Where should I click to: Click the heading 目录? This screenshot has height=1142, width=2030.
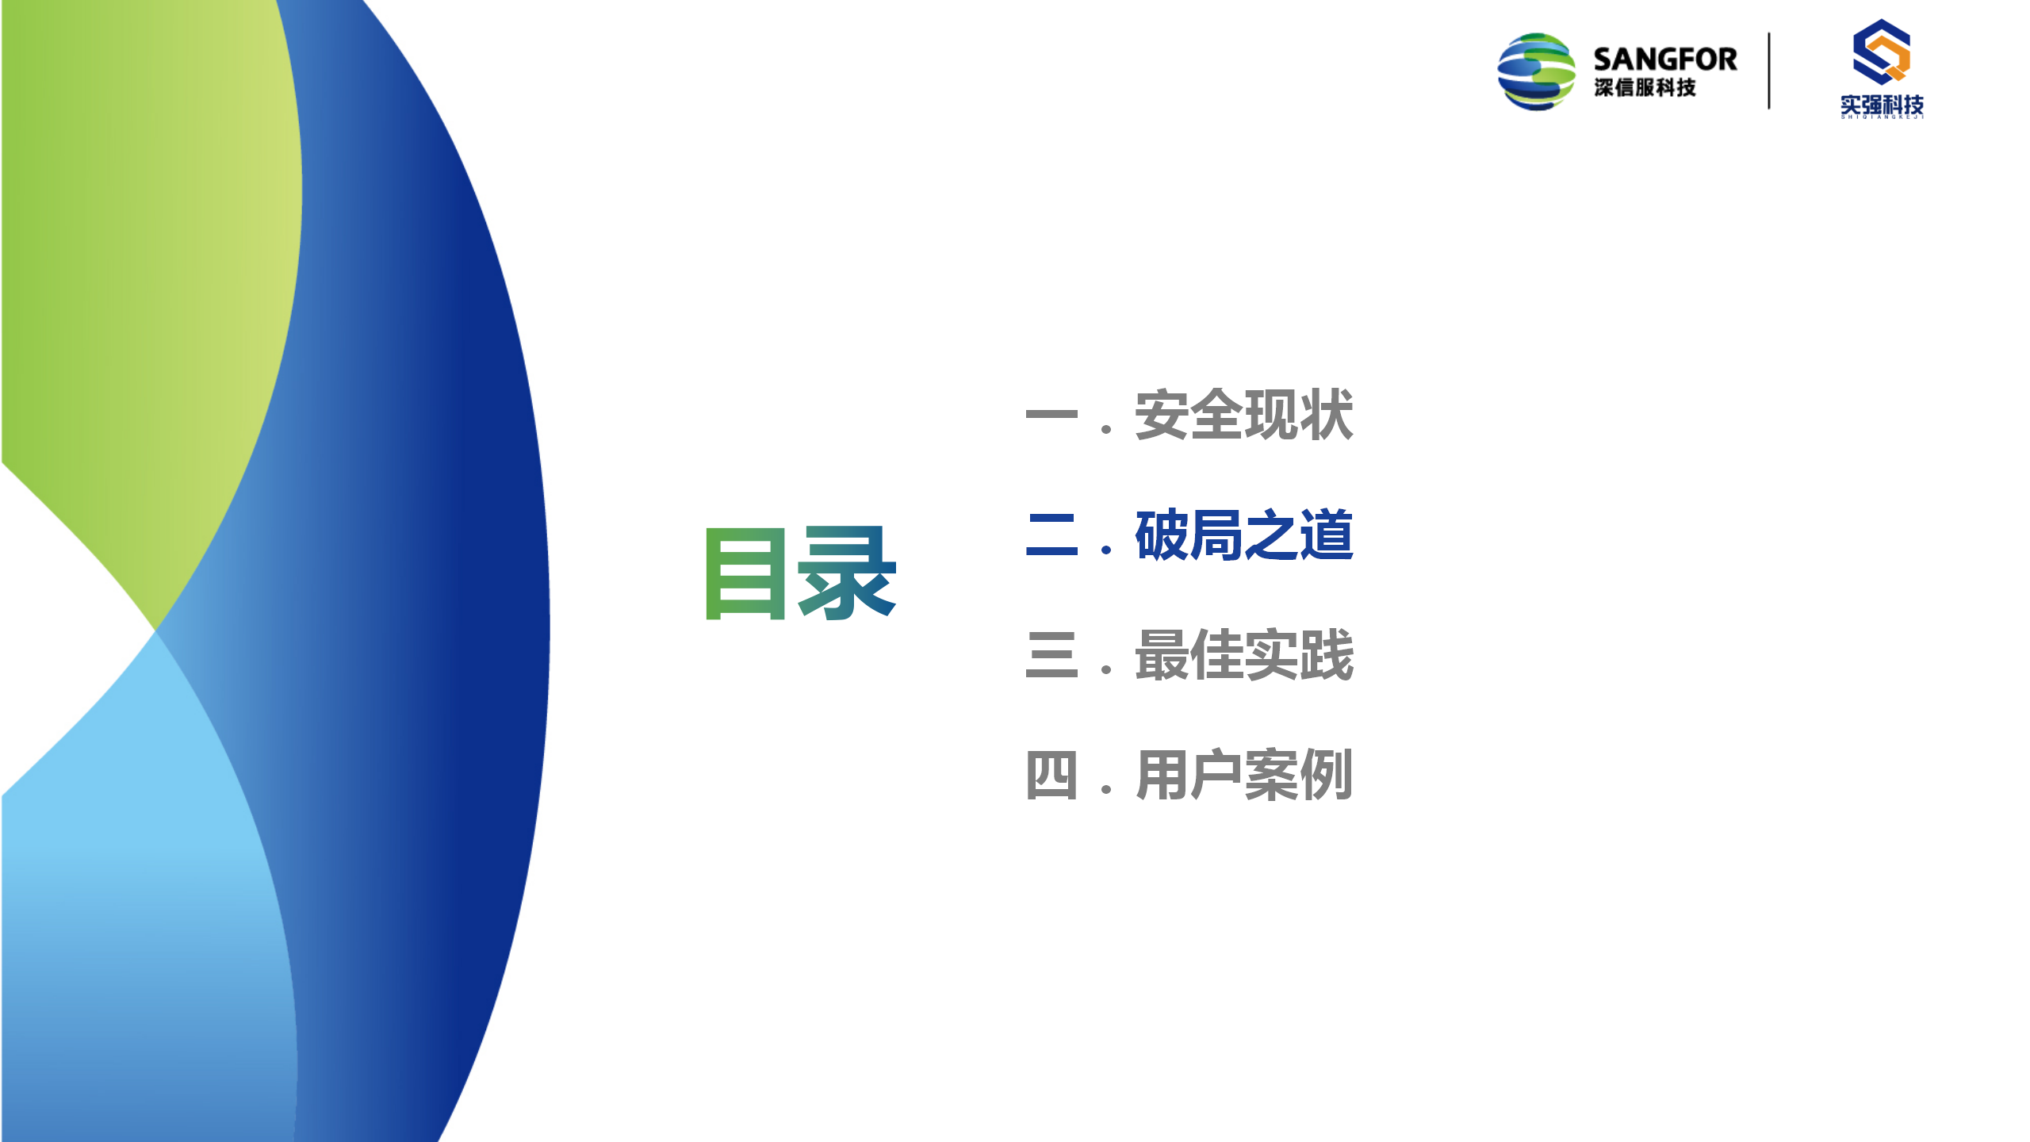click(x=801, y=573)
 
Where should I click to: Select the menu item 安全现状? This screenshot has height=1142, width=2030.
click(x=1244, y=415)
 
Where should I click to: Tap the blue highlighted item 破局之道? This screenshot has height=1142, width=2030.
click(x=1244, y=535)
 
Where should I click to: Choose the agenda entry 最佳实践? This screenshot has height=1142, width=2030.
click(x=1244, y=655)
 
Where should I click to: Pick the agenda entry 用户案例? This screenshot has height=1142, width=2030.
click(x=1244, y=775)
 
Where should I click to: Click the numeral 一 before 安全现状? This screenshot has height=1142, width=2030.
click(x=1051, y=415)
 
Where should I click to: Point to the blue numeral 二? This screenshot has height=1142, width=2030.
click(x=1051, y=535)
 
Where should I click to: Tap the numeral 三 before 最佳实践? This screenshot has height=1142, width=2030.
click(x=1051, y=655)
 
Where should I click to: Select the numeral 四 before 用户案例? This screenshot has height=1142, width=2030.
click(x=1051, y=775)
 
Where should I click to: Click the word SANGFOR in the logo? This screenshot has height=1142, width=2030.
click(x=1665, y=59)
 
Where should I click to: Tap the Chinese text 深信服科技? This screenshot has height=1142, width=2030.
click(x=1645, y=87)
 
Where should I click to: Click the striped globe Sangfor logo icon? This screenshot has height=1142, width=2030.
click(x=1536, y=71)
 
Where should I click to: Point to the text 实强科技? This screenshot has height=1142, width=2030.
click(x=1882, y=105)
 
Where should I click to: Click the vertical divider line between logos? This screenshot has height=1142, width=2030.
click(x=1769, y=71)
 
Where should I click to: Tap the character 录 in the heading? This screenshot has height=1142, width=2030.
click(x=848, y=573)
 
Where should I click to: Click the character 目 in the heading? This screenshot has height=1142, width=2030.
click(x=745, y=573)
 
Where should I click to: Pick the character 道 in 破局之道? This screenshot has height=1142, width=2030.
click(x=1327, y=535)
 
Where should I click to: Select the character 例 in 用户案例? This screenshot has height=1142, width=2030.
click(x=1327, y=775)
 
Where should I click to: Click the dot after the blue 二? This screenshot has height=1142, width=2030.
click(x=1106, y=550)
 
